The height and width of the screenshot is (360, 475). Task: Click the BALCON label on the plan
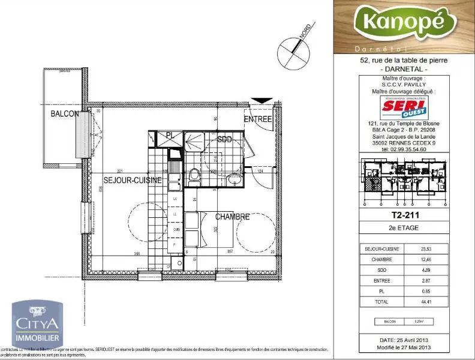click(x=64, y=114)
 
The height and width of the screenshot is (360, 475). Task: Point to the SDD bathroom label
click(x=224, y=139)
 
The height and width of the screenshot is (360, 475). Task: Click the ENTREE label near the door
click(x=258, y=119)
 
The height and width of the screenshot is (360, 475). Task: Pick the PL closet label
click(x=170, y=135)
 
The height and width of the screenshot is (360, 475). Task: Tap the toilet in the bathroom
click(x=194, y=175)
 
